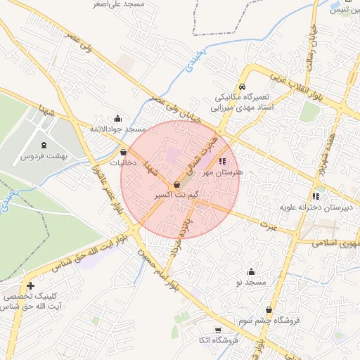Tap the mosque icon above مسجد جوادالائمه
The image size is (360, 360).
coord(117,119)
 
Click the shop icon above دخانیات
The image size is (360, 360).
coord(124,152)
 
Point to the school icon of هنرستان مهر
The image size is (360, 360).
coord(223,161)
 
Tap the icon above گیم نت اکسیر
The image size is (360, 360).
coord(176,184)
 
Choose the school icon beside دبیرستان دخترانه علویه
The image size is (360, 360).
coord(316,196)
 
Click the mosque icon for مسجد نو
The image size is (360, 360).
coord(251,272)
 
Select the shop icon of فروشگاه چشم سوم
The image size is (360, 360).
coord(269,309)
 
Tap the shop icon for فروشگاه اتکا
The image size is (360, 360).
coord(217,330)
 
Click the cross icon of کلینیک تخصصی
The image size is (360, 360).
coord(30,285)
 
